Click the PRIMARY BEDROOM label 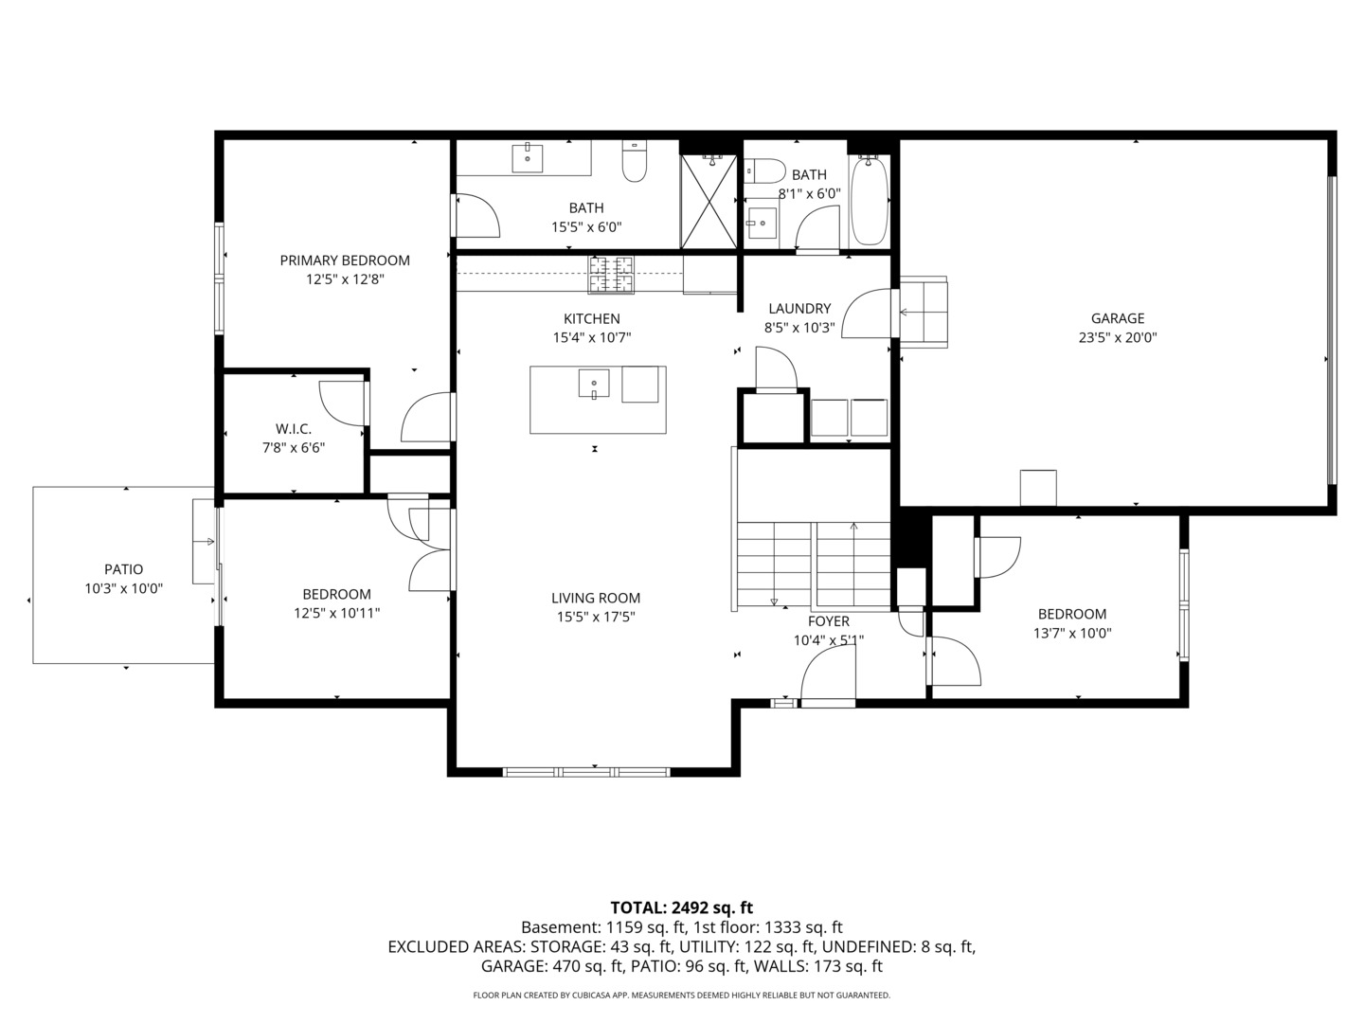(344, 260)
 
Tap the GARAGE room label (1118, 318)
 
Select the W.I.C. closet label (294, 428)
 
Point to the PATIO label (124, 569)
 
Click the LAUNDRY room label (799, 309)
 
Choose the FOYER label (828, 621)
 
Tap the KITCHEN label (592, 318)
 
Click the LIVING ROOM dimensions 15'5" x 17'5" (595, 617)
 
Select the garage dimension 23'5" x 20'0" (1118, 338)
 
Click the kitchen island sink (594, 383)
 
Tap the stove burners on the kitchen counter (611, 274)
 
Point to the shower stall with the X (709, 202)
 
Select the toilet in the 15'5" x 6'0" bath (635, 161)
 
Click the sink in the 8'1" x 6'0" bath (761, 223)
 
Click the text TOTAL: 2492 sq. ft (681, 907)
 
